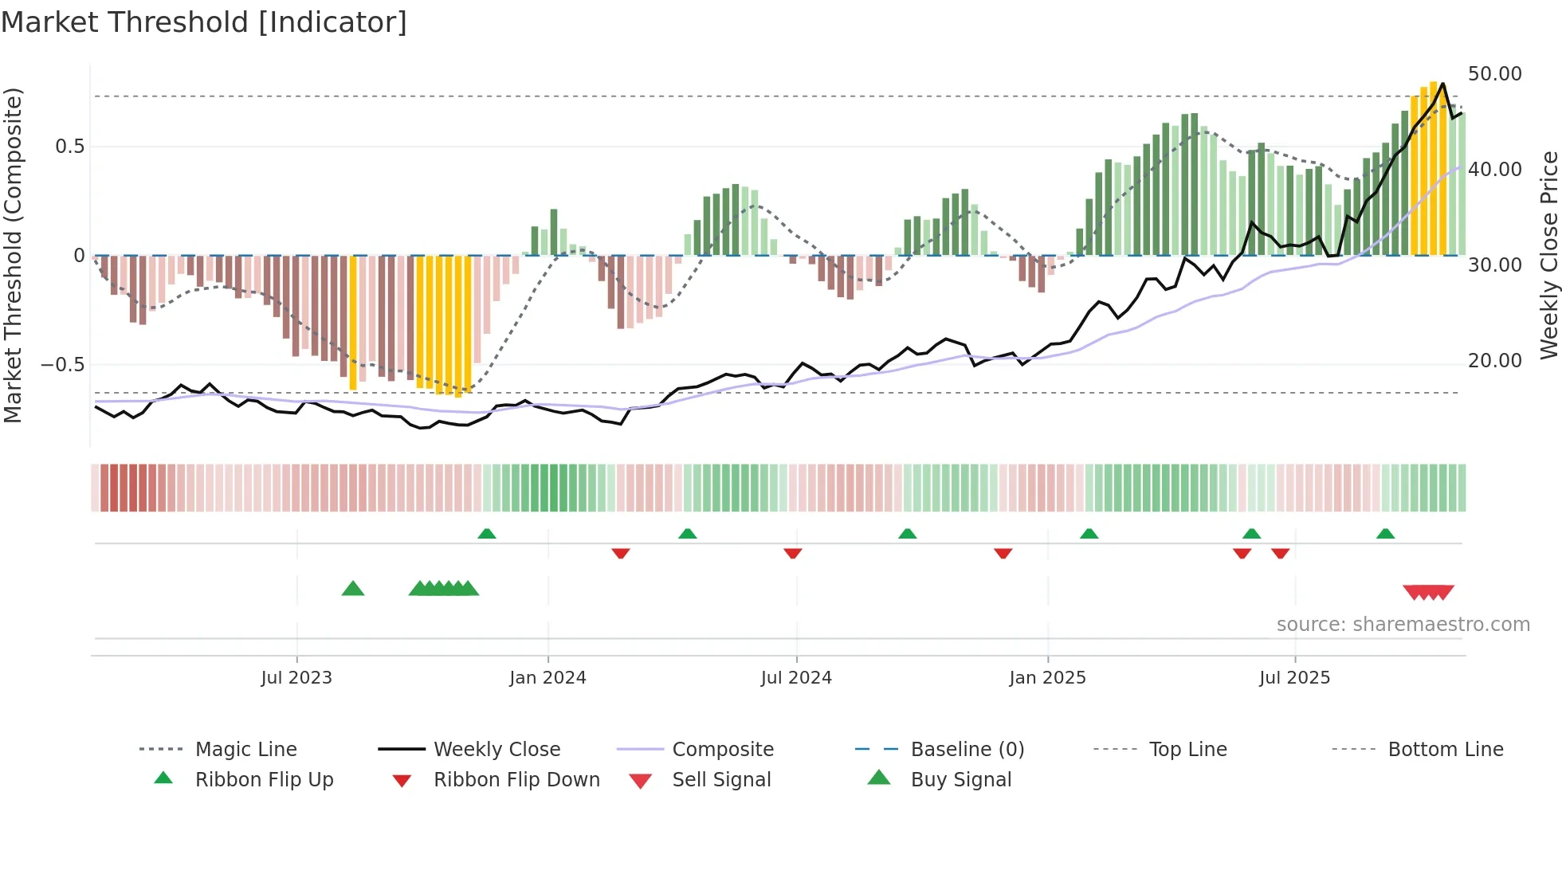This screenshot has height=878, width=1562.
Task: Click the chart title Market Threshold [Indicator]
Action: [x=204, y=22]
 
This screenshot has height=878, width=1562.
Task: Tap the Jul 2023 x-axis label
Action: [x=296, y=678]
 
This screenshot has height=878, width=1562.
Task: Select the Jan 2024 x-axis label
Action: [x=547, y=678]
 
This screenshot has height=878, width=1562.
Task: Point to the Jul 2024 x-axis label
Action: [x=796, y=678]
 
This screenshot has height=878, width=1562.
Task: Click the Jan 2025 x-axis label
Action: [x=1047, y=678]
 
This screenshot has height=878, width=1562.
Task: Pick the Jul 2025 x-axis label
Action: [x=1294, y=678]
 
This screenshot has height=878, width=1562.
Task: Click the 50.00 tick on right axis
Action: [x=1494, y=74]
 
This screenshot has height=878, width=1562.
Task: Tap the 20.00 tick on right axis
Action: [x=1494, y=361]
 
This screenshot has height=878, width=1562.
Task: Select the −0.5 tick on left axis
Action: [x=62, y=365]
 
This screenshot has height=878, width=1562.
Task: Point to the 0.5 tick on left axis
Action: [x=69, y=147]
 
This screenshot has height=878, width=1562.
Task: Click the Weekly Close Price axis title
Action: [x=1548, y=255]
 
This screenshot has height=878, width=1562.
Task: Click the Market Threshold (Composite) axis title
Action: [x=13, y=255]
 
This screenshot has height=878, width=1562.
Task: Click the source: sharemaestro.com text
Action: [x=1403, y=625]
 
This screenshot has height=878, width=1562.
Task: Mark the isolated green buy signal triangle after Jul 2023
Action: [x=353, y=589]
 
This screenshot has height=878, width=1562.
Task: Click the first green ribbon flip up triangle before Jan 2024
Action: [x=487, y=533]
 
